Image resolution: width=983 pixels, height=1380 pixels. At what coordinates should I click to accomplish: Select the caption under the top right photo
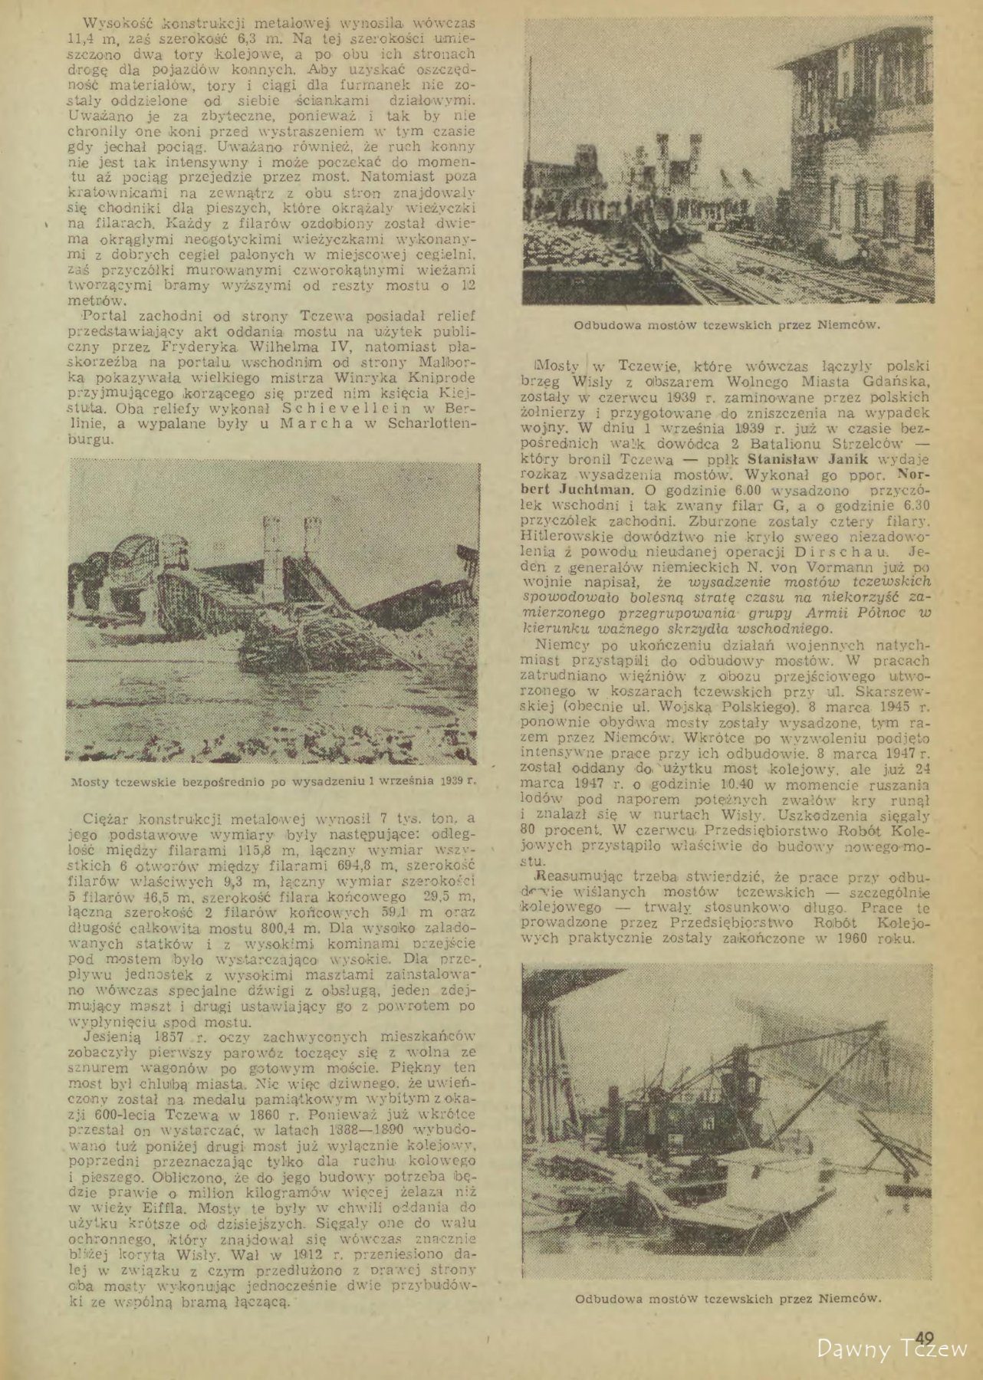click(x=727, y=324)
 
